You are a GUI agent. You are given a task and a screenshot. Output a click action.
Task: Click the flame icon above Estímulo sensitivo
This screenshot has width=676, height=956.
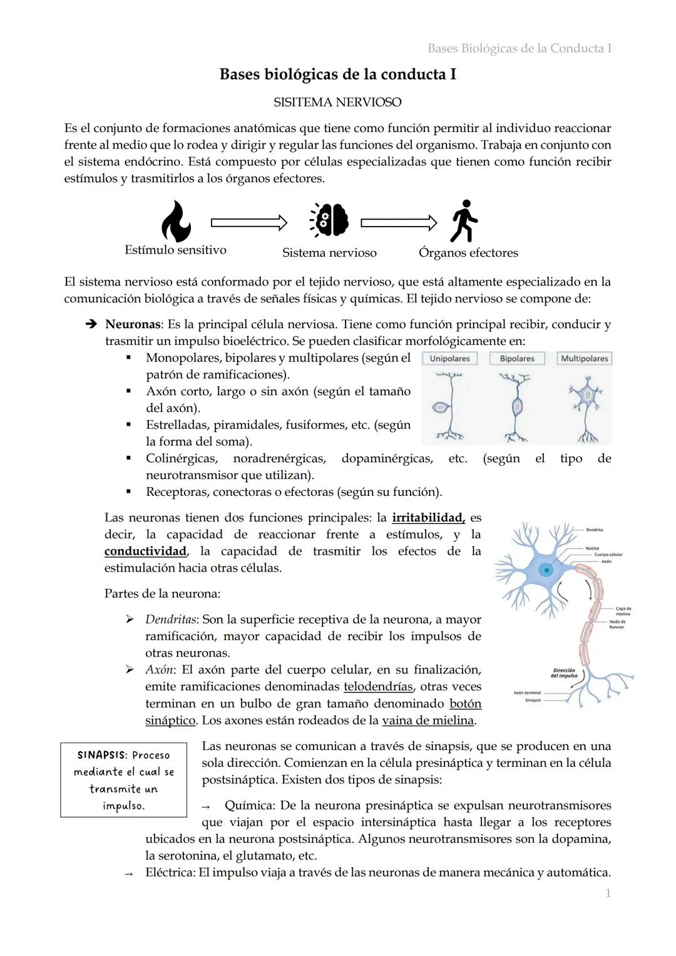pos(176,222)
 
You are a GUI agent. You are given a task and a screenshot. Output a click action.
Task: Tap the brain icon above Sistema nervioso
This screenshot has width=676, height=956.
pos(329,221)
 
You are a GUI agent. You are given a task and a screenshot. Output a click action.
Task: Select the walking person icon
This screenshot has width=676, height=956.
pos(464,221)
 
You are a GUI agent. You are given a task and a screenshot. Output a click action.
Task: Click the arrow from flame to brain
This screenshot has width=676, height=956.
pos(248,222)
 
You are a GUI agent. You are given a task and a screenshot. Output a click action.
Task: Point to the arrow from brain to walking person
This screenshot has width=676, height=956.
pos(399,222)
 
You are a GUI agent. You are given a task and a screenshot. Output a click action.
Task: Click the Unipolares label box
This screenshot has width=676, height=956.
pos(449,359)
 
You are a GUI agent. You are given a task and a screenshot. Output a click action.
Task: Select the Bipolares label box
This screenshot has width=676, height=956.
pos(517,359)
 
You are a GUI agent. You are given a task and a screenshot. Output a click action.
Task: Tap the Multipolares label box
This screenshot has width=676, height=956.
pos(584,359)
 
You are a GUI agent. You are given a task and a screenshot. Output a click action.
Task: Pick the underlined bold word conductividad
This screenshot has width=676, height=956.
pos(145,551)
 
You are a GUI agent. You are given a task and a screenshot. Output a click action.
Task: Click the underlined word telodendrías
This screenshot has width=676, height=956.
pos(378,686)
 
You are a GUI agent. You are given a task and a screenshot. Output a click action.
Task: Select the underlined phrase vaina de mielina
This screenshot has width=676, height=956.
pos(428,720)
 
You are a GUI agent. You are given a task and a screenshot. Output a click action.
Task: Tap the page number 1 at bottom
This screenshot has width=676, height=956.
pos(608,893)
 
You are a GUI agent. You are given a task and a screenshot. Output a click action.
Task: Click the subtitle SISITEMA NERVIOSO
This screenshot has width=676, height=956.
pos(337,102)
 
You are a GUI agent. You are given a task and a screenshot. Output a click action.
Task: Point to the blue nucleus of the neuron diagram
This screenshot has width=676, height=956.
pos(547,570)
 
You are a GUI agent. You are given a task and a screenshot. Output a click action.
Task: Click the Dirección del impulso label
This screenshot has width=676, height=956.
pos(564,673)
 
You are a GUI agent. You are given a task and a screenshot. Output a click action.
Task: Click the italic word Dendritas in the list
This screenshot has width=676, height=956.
pos(172,619)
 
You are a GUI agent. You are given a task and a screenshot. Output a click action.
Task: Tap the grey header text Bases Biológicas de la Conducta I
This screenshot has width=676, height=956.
pos(519,48)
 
